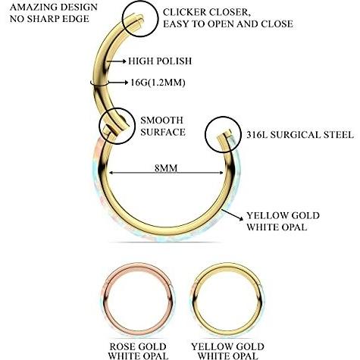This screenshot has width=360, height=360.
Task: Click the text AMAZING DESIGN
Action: point(54,7)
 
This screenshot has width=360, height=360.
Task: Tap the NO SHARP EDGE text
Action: point(49,19)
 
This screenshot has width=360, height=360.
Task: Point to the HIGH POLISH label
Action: point(160,61)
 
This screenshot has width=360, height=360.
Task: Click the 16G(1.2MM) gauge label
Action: point(158,83)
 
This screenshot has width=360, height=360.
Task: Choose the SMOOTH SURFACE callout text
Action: point(163,126)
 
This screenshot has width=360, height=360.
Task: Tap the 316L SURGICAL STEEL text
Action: point(300,135)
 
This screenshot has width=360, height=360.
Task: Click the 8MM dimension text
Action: point(166,168)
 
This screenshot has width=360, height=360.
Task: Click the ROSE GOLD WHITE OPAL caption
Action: point(138,351)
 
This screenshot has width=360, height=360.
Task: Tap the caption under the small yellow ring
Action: point(227,351)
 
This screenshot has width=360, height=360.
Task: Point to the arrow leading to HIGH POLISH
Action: point(117,61)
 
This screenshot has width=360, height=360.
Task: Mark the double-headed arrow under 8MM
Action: point(166,173)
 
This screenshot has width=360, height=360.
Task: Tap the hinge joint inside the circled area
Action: point(114,127)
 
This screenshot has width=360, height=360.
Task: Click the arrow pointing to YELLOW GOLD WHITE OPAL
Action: point(233,215)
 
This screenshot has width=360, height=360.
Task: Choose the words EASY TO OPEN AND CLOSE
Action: point(228,24)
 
